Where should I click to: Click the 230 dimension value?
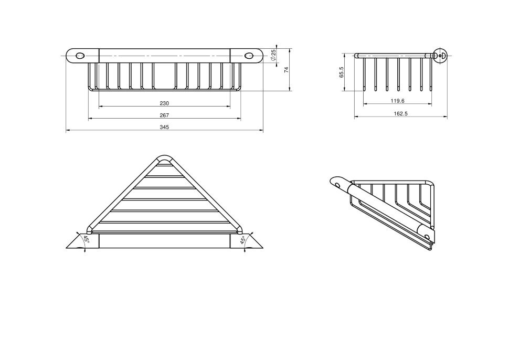[x=164, y=103]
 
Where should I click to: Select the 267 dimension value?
[x=164, y=115]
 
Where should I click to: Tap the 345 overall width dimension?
[x=164, y=127]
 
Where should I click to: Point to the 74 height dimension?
[x=287, y=69]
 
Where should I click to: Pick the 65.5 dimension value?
[x=341, y=72]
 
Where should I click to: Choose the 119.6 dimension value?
[x=397, y=101]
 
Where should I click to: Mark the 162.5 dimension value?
[x=400, y=114]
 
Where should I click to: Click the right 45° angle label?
[x=242, y=240]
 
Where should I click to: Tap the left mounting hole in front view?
[x=80, y=56]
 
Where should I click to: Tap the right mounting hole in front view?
[x=249, y=56]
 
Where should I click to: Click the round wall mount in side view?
[x=440, y=56]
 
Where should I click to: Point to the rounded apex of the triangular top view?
[x=165, y=158]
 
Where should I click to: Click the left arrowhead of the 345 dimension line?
[x=68, y=131]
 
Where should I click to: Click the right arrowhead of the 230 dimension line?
[x=228, y=106]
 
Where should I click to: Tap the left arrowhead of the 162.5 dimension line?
[x=356, y=117]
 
